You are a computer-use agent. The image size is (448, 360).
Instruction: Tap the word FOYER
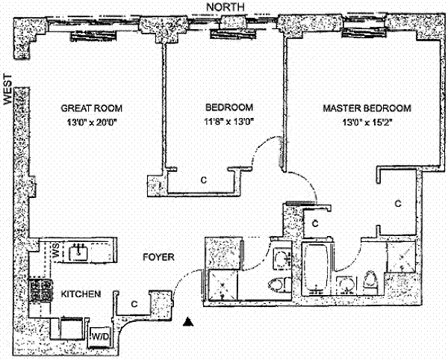coord(158,258)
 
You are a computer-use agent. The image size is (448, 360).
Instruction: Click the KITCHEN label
coord(81,294)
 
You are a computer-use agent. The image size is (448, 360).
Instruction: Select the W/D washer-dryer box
coord(99,338)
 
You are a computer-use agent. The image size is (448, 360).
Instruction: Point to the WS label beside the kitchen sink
coord(56,252)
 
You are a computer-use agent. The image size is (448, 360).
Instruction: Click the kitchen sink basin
coord(79,252)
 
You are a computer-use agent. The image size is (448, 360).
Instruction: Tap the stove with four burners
coord(38,290)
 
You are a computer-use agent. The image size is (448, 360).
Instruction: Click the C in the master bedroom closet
coord(398,202)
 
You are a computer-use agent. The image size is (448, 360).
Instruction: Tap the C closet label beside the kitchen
coord(134,304)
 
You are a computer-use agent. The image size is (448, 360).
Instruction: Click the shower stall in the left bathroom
coord(222,283)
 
